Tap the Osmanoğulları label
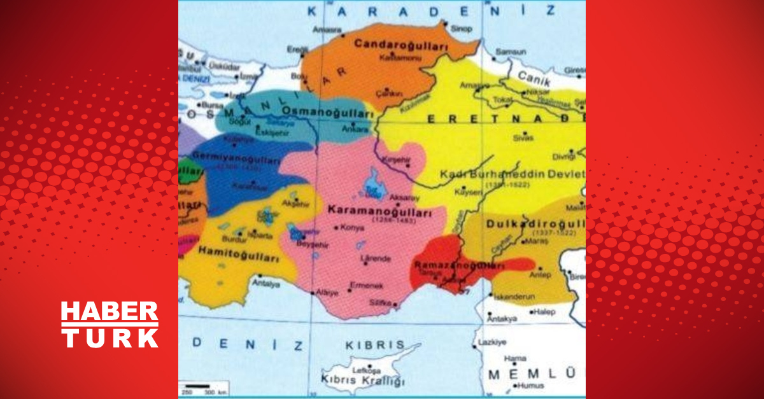click(x=327, y=112)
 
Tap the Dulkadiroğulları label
click(x=535, y=224)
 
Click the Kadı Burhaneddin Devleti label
click(x=512, y=174)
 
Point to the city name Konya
click(x=353, y=227)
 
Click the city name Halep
click(x=546, y=312)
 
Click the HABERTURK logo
click(x=110, y=325)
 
